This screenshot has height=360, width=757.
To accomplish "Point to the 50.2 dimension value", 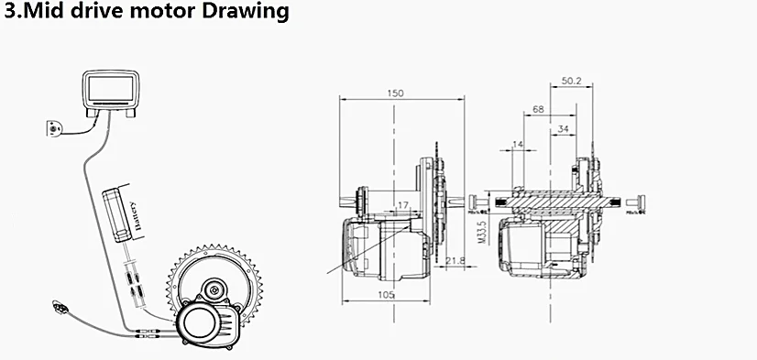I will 571,81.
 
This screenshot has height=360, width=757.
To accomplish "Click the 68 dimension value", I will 537,109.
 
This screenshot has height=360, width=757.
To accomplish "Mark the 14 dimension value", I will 519,145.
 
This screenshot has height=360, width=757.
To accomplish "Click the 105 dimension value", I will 387,294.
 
